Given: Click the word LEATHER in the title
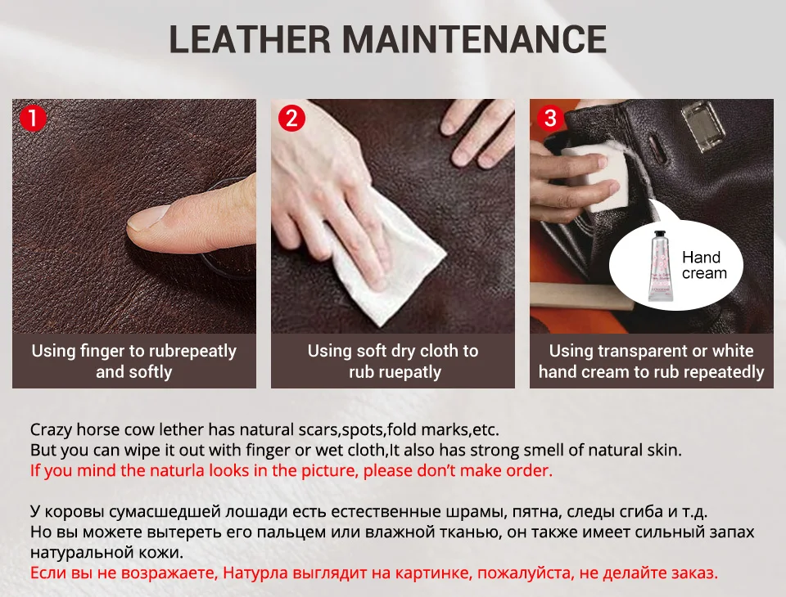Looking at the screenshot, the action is point(250,38).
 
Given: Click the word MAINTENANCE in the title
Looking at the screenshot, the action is point(475,38).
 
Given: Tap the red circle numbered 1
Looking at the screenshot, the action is point(33,119).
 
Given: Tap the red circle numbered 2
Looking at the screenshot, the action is point(291,119).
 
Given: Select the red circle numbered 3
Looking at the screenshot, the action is point(550,119).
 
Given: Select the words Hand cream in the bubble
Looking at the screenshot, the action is point(704,265).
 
